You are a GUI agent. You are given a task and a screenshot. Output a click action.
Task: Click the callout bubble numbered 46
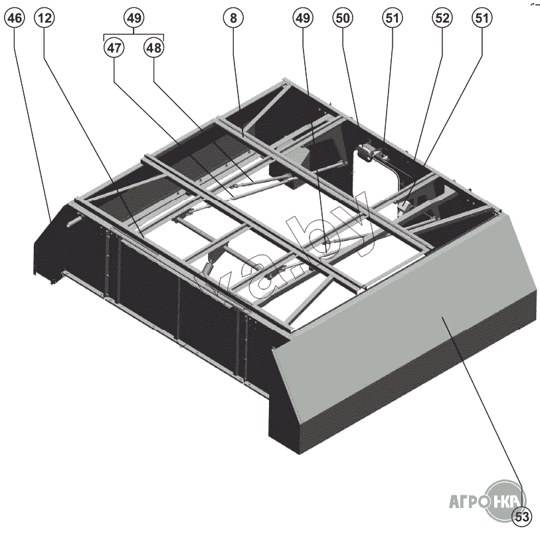point(15,19)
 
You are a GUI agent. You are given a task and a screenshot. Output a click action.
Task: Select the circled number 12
point(45,19)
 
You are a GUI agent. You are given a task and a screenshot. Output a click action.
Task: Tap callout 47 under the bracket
point(114,49)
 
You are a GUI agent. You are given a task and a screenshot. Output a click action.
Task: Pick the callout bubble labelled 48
point(153,49)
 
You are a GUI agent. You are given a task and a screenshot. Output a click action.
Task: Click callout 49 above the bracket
point(134,19)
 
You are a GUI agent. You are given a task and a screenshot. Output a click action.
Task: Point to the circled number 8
point(232,19)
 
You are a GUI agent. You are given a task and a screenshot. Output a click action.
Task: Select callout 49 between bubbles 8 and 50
point(302,19)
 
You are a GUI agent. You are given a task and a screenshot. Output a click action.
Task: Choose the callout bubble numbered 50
point(343,19)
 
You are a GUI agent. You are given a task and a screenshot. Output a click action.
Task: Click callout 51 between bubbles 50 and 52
point(392,19)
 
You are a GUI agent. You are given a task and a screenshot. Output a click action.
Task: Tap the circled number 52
point(442,19)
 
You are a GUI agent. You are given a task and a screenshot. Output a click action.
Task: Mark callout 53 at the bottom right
point(523,515)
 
